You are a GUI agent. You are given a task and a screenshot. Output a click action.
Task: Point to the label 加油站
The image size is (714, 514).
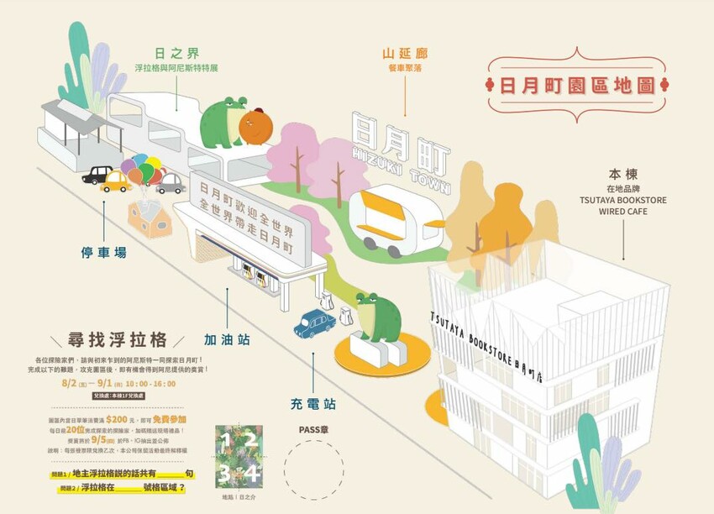[x=227, y=340]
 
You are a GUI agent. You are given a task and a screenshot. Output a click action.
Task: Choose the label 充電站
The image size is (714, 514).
[x=313, y=403]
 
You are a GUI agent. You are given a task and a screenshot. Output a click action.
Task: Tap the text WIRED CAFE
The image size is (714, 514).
[x=624, y=212]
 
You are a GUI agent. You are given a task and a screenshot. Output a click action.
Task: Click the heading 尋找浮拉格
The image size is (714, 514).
[x=118, y=340]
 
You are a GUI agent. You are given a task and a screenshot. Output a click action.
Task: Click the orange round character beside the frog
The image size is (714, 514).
[x=255, y=125]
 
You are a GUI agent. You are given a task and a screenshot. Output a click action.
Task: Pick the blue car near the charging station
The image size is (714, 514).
[x=314, y=323]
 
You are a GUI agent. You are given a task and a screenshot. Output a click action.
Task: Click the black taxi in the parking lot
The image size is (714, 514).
[x=97, y=175]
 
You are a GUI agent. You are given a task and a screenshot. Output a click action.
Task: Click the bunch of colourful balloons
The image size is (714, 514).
[x=141, y=171]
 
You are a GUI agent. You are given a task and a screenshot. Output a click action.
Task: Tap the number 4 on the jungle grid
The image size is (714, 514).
[x=252, y=474]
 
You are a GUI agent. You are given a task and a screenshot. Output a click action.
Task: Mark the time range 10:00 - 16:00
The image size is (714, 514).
[x=148, y=383]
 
